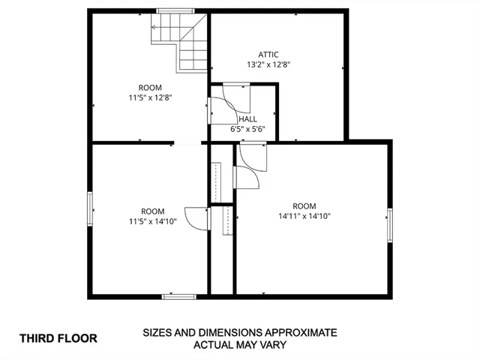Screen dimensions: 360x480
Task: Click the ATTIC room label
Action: pyautogui.click(x=268, y=54)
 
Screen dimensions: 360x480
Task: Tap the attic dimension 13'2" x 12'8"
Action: pyautogui.click(x=268, y=64)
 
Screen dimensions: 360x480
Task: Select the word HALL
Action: pyautogui.click(x=247, y=118)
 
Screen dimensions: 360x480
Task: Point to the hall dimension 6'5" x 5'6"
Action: pyautogui.click(x=247, y=129)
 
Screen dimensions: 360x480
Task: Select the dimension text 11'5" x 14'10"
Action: pyautogui.click(x=152, y=221)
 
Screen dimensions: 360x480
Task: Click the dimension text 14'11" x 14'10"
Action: pyautogui.click(x=304, y=216)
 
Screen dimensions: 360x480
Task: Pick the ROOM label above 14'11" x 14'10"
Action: pyautogui.click(x=304, y=206)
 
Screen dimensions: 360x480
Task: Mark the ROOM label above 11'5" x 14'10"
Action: pyautogui.click(x=152, y=211)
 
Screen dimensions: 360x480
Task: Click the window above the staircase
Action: pyautogui.click(x=175, y=10)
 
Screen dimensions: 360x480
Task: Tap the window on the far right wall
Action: pyautogui.click(x=389, y=225)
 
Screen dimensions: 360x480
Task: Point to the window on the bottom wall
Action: pyautogui.click(x=179, y=296)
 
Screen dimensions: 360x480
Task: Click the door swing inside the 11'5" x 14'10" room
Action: pyautogui.click(x=197, y=219)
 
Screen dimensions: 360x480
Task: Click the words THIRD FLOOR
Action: pyautogui.click(x=58, y=338)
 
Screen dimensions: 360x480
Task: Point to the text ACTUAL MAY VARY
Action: pyautogui.click(x=240, y=345)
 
